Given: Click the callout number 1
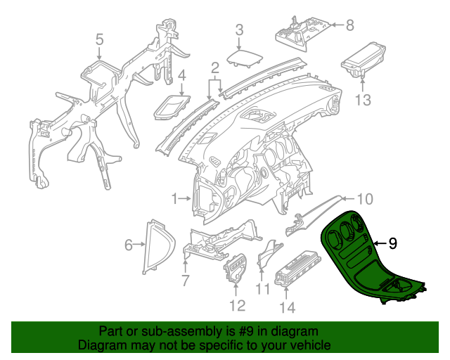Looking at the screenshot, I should [174, 200].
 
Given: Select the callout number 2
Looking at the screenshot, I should [215, 69].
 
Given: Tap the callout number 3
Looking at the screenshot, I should [239, 30].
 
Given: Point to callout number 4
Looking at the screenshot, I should [181, 75].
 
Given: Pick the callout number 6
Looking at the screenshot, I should [129, 245].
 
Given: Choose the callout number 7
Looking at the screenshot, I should [185, 281].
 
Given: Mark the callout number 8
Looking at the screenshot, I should [350, 25].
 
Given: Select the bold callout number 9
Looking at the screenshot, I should [392, 243].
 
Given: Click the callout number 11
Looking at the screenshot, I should [262, 290].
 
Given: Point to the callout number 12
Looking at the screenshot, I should [236, 306].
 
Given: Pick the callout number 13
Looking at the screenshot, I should [361, 100].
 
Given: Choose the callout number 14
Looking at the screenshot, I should [288, 307].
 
